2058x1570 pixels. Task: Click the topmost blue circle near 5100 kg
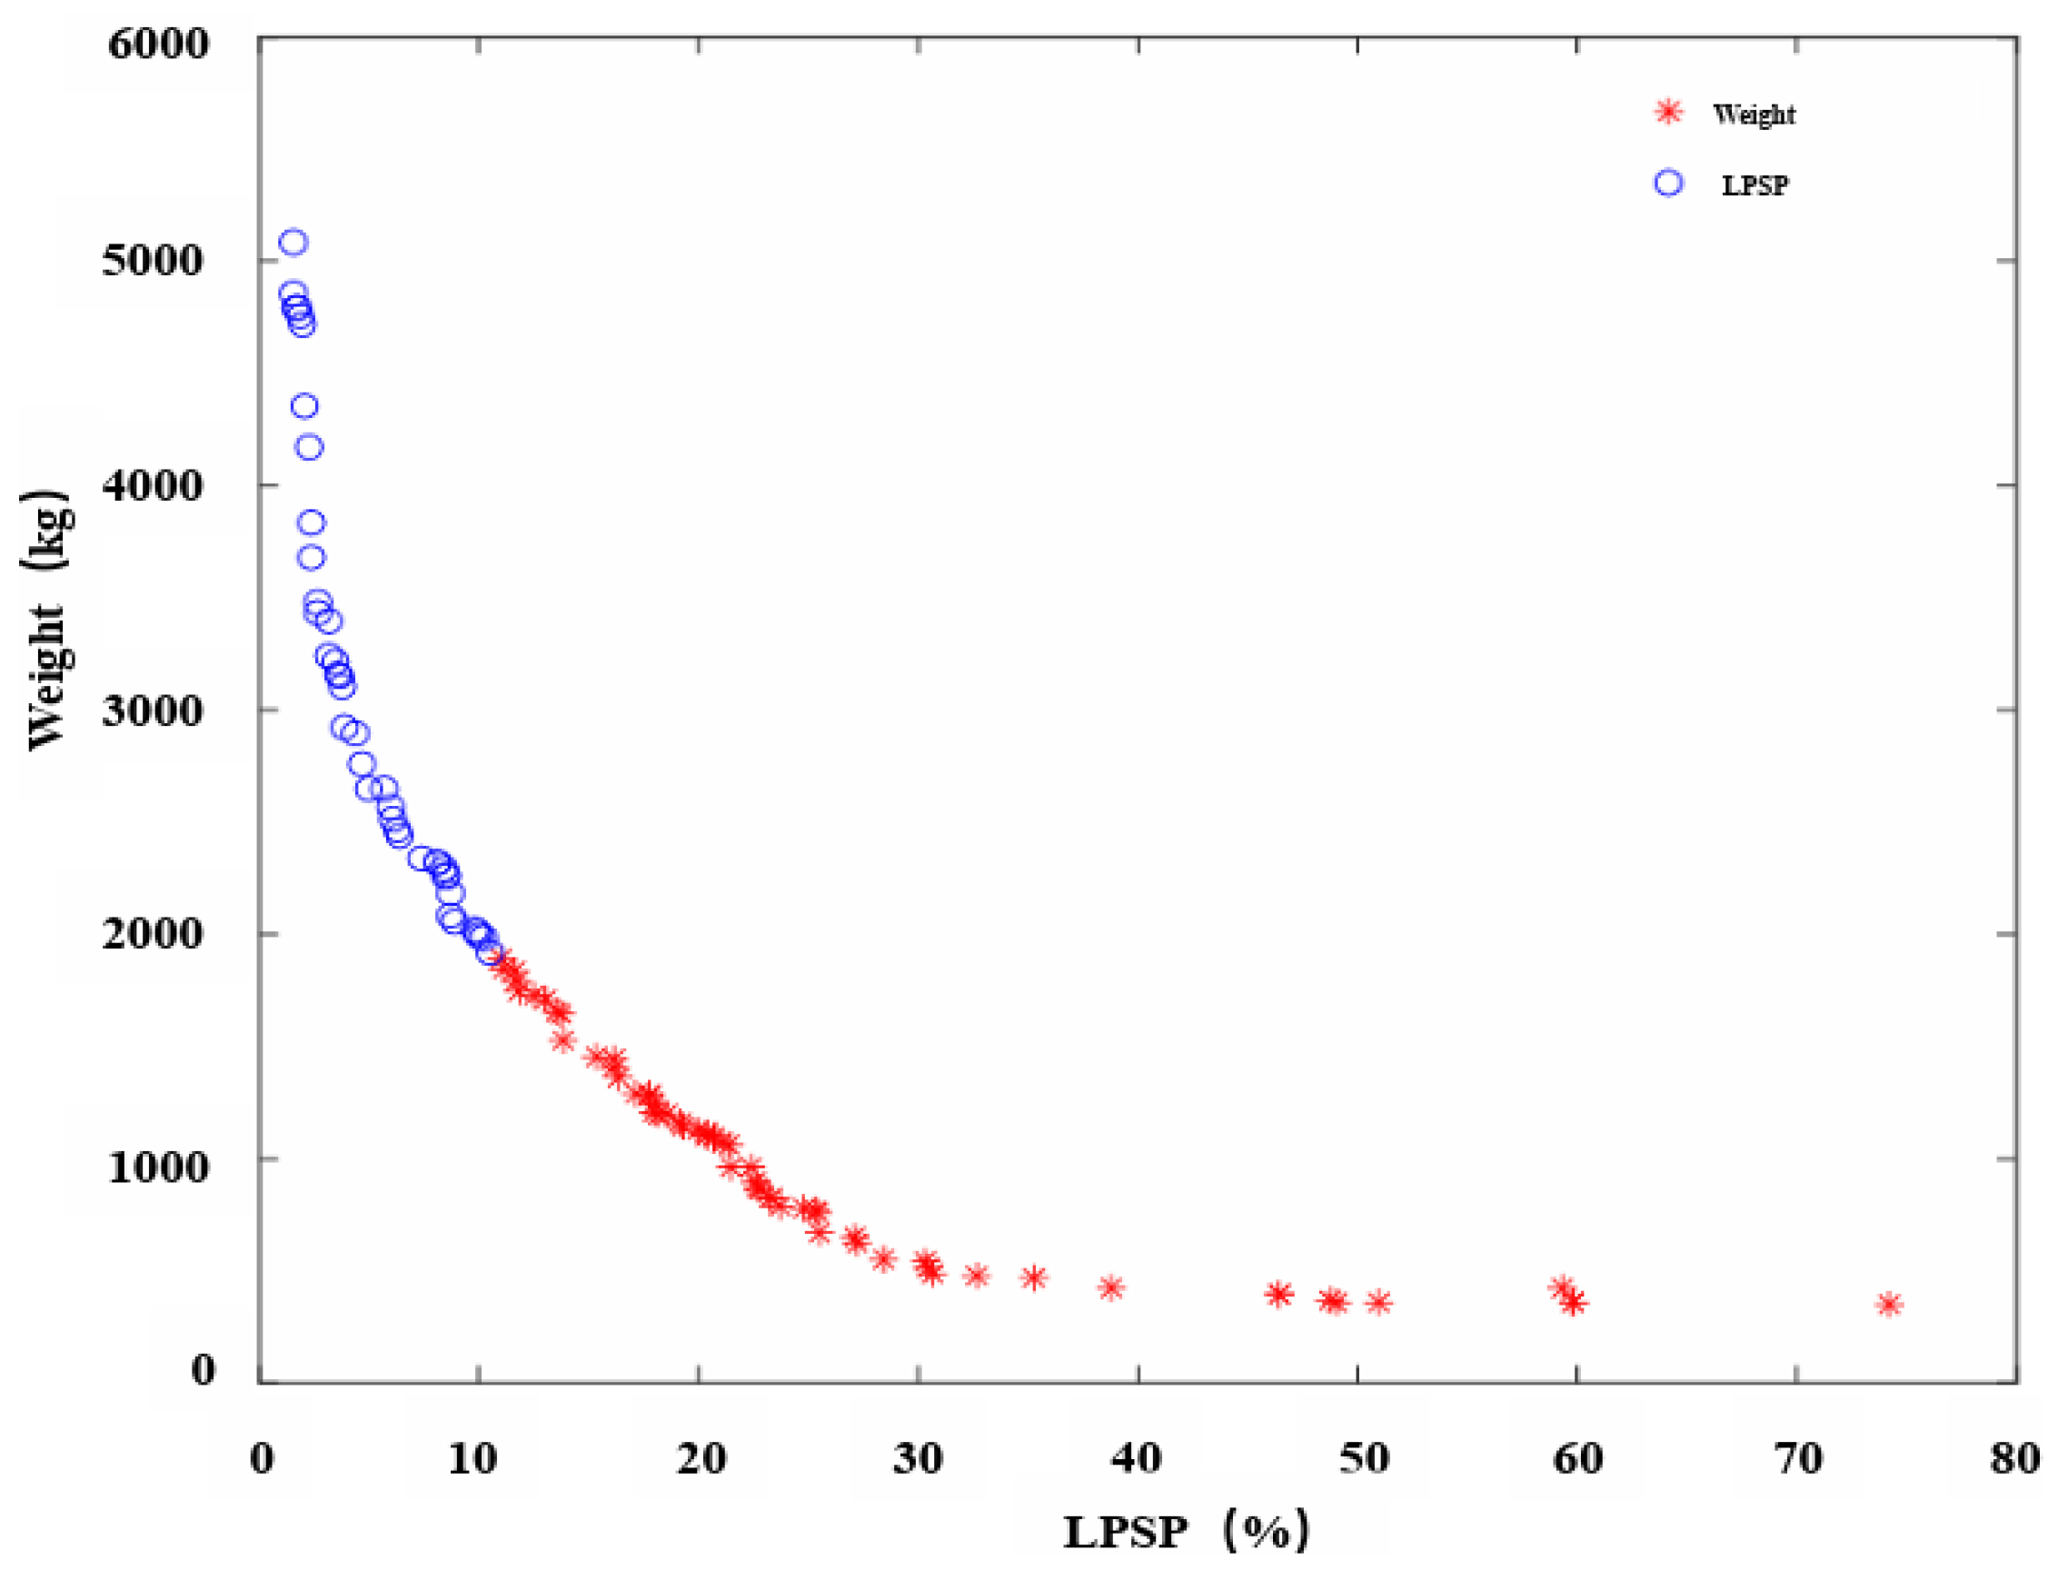pyautogui.click(x=293, y=243)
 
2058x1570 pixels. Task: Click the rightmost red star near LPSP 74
pyautogui.click(x=1890, y=1305)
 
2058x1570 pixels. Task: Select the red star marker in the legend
pyautogui.click(x=1668, y=112)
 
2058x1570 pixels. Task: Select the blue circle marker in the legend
pyautogui.click(x=1668, y=184)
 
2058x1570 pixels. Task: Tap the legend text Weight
pyautogui.click(x=1754, y=114)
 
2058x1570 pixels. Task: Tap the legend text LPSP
pyautogui.click(x=1755, y=185)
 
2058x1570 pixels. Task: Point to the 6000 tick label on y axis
pyautogui.click(x=158, y=43)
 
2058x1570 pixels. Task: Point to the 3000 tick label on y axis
pyautogui.click(x=153, y=710)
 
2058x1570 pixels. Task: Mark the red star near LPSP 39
pyautogui.click(x=1110, y=1288)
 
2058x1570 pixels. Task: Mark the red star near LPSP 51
pyautogui.click(x=1378, y=1303)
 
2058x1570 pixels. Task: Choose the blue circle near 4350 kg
pyautogui.click(x=304, y=406)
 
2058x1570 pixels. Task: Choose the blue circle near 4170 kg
pyautogui.click(x=309, y=448)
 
